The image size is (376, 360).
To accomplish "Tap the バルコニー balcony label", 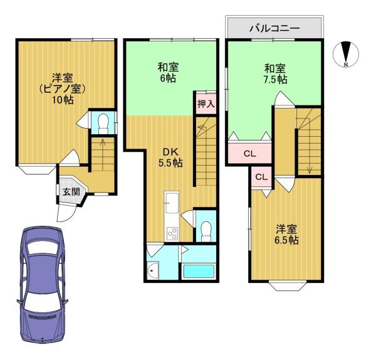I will (274, 28).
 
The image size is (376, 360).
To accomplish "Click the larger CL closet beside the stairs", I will (249, 153).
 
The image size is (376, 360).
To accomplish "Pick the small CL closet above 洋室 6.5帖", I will (261, 177).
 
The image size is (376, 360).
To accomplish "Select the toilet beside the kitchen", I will (206, 230).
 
